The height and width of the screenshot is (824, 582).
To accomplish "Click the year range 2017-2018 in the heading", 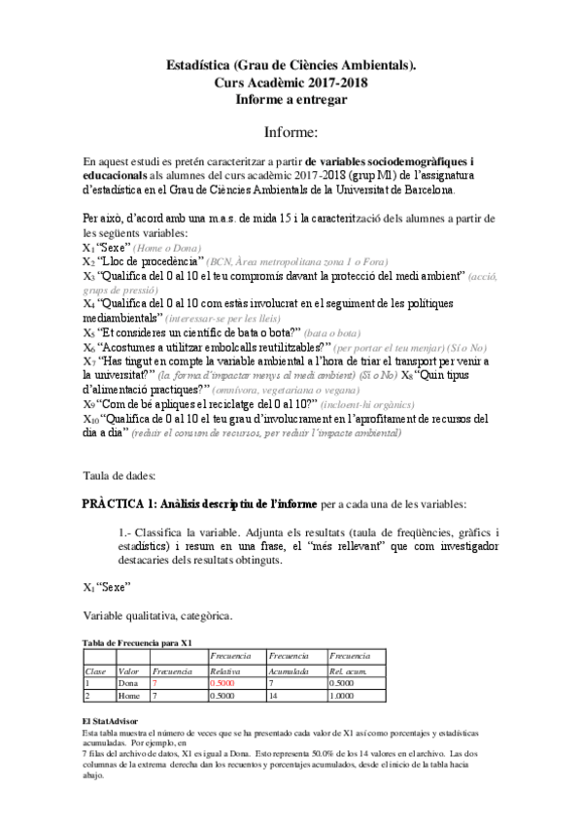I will pos(333,83).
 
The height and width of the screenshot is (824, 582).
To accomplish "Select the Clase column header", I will pos(96,670).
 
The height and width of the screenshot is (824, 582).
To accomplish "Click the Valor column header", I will pos(128,670).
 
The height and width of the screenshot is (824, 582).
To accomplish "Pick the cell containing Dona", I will pos(128,683).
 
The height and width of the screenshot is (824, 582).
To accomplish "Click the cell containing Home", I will pos(129,697).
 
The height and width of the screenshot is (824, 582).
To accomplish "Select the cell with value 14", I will pos(275,697).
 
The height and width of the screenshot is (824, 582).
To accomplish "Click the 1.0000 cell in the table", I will pos(344,697).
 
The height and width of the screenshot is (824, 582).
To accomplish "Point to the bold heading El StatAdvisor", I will pos(109,720).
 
